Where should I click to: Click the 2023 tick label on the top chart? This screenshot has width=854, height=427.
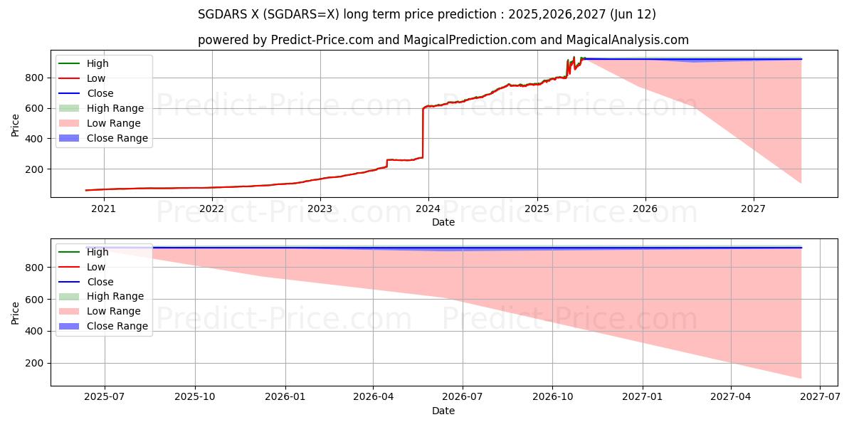pyautogui.click(x=320, y=209)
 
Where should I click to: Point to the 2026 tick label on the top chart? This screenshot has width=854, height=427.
pyautogui.click(x=645, y=209)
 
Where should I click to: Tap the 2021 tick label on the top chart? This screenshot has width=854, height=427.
pyautogui.click(x=104, y=209)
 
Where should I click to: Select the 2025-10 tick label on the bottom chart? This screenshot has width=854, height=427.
pyautogui.click(x=195, y=397)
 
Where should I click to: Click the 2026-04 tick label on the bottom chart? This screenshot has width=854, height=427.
pyautogui.click(x=374, y=397)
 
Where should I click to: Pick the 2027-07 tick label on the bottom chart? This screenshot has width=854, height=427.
pyautogui.click(x=820, y=397)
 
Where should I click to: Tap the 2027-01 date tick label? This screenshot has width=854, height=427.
pyautogui.click(x=643, y=397)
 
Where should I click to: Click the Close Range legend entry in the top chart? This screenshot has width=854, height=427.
pyautogui.click(x=117, y=138)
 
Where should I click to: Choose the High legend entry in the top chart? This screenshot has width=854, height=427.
pyautogui.click(x=97, y=63)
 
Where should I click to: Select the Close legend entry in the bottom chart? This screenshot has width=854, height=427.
pyautogui.click(x=100, y=282)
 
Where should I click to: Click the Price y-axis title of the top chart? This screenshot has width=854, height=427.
pyautogui.click(x=16, y=125)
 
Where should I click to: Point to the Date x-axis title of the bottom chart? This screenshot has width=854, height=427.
pyautogui.click(x=443, y=411)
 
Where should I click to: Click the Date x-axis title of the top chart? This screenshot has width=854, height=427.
pyautogui.click(x=443, y=222)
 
